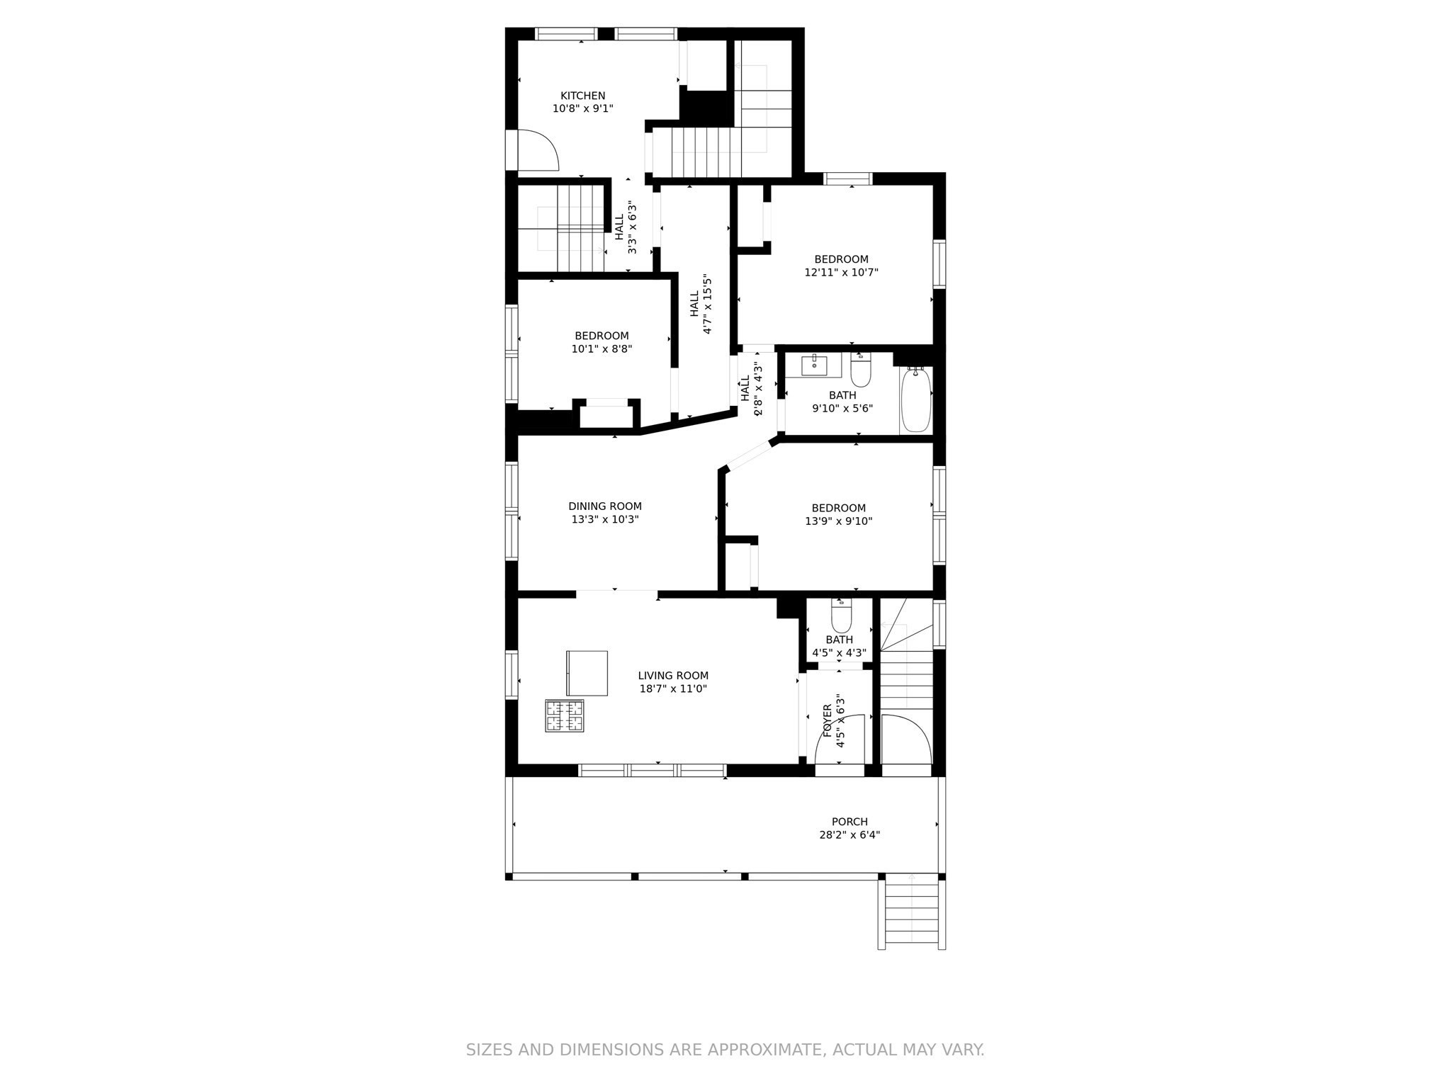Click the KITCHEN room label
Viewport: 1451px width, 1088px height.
pyautogui.click(x=583, y=96)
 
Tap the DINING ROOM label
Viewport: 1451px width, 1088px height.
pyautogui.click(x=605, y=506)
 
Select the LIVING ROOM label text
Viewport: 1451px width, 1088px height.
pyautogui.click(x=673, y=676)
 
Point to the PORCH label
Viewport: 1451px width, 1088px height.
pyautogui.click(x=849, y=822)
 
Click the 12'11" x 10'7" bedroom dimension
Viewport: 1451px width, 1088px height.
pyautogui.click(x=841, y=272)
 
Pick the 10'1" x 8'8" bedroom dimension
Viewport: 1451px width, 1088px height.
pyautogui.click(x=602, y=348)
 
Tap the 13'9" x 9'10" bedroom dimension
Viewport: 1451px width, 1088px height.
pyautogui.click(x=838, y=521)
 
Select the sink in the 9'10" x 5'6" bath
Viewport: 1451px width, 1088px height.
pyautogui.click(x=815, y=365)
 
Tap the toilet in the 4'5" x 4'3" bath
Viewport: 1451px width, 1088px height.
pyautogui.click(x=841, y=616)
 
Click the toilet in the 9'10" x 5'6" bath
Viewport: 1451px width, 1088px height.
pyautogui.click(x=861, y=370)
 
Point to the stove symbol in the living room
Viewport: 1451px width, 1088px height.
pyautogui.click(x=565, y=715)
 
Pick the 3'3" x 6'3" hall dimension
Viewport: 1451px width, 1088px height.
pyautogui.click(x=632, y=227)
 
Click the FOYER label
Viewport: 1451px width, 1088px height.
pyautogui.click(x=827, y=721)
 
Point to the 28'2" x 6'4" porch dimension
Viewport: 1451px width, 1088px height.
pyautogui.click(x=849, y=835)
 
